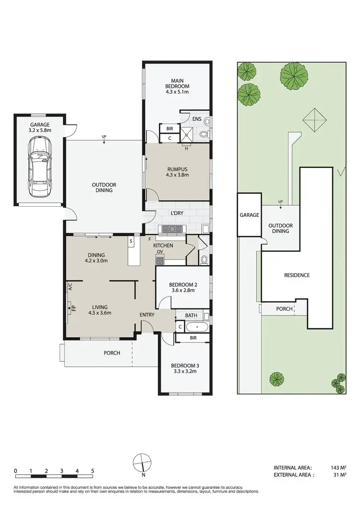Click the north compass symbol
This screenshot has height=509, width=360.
(x=143, y=462)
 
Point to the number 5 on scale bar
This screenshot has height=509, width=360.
(x=92, y=471)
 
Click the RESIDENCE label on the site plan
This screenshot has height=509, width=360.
(x=297, y=275)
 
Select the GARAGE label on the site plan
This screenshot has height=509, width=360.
(x=250, y=215)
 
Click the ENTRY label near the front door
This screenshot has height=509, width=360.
(x=147, y=315)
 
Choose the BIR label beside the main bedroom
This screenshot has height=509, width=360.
(x=169, y=129)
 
